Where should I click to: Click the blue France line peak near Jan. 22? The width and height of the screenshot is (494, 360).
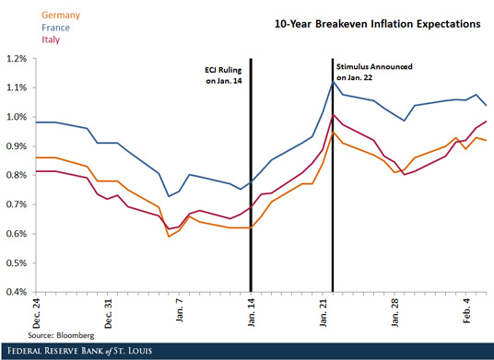pos(333,81)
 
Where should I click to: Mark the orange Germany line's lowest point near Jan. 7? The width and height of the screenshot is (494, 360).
pos(169,237)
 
